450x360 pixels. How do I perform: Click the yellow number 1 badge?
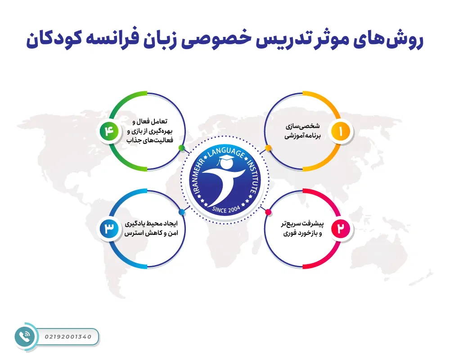pyautogui.click(x=341, y=131)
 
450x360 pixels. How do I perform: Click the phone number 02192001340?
pyautogui.click(x=68, y=337)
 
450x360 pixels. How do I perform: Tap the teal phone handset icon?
pyautogui.click(x=24, y=337)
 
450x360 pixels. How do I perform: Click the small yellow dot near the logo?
pyautogui.click(x=268, y=148)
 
